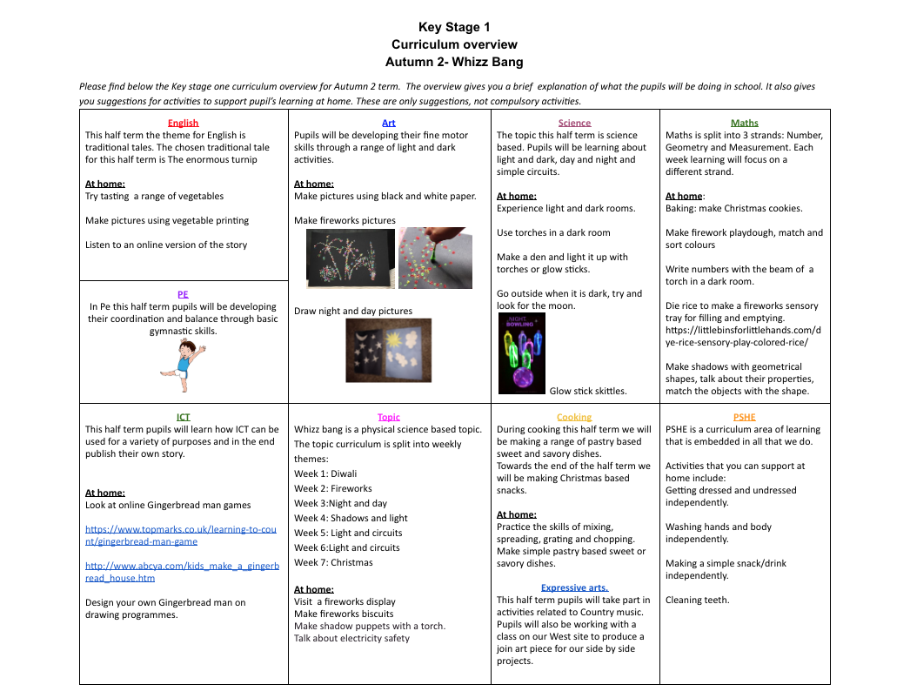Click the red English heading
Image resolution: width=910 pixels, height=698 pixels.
pyautogui.click(x=183, y=123)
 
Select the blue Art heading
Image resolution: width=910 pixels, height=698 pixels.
pyautogui.click(x=389, y=123)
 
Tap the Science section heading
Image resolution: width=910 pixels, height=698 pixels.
pyautogui.click(x=574, y=123)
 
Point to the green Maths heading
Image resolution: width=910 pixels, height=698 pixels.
pyautogui.click(x=744, y=123)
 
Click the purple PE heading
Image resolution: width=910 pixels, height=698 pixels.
pyautogui.click(x=183, y=294)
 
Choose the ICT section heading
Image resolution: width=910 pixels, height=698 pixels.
pyautogui.click(x=183, y=417)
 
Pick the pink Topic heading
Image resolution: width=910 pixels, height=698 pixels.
pyautogui.click(x=389, y=417)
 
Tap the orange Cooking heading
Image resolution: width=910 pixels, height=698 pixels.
pyautogui.click(x=574, y=417)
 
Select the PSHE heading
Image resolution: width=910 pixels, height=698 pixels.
pyautogui.click(x=744, y=417)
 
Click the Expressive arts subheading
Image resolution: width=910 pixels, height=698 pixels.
pyautogui.click(x=574, y=587)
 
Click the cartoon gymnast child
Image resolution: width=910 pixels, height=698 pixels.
pyautogui.click(x=184, y=366)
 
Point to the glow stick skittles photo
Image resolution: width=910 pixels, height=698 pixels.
pyautogui.click(x=522, y=353)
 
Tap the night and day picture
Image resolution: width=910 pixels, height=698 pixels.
pyautogui.click(x=388, y=350)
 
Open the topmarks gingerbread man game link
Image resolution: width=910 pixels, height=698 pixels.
pyautogui.click(x=181, y=535)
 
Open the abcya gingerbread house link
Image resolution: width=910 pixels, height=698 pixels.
pyautogui.click(x=183, y=572)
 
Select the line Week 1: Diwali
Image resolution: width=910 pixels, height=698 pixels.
pyautogui.click(x=325, y=473)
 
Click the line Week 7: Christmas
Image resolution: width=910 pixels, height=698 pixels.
pyautogui.click(x=333, y=562)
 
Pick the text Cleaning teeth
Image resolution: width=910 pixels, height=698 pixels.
pyautogui.click(x=698, y=600)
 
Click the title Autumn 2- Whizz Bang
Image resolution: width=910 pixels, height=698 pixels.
pyautogui.click(x=454, y=62)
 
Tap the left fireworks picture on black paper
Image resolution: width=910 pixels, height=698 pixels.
pyautogui.click(x=351, y=258)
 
